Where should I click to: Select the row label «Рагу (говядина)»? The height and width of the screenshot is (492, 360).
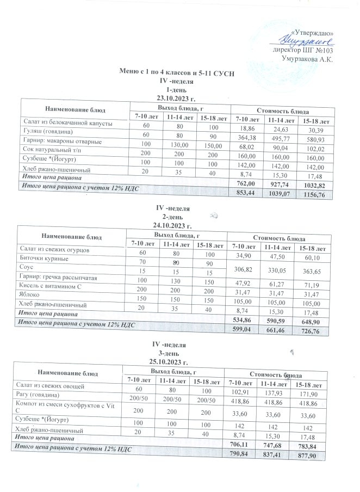41,394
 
